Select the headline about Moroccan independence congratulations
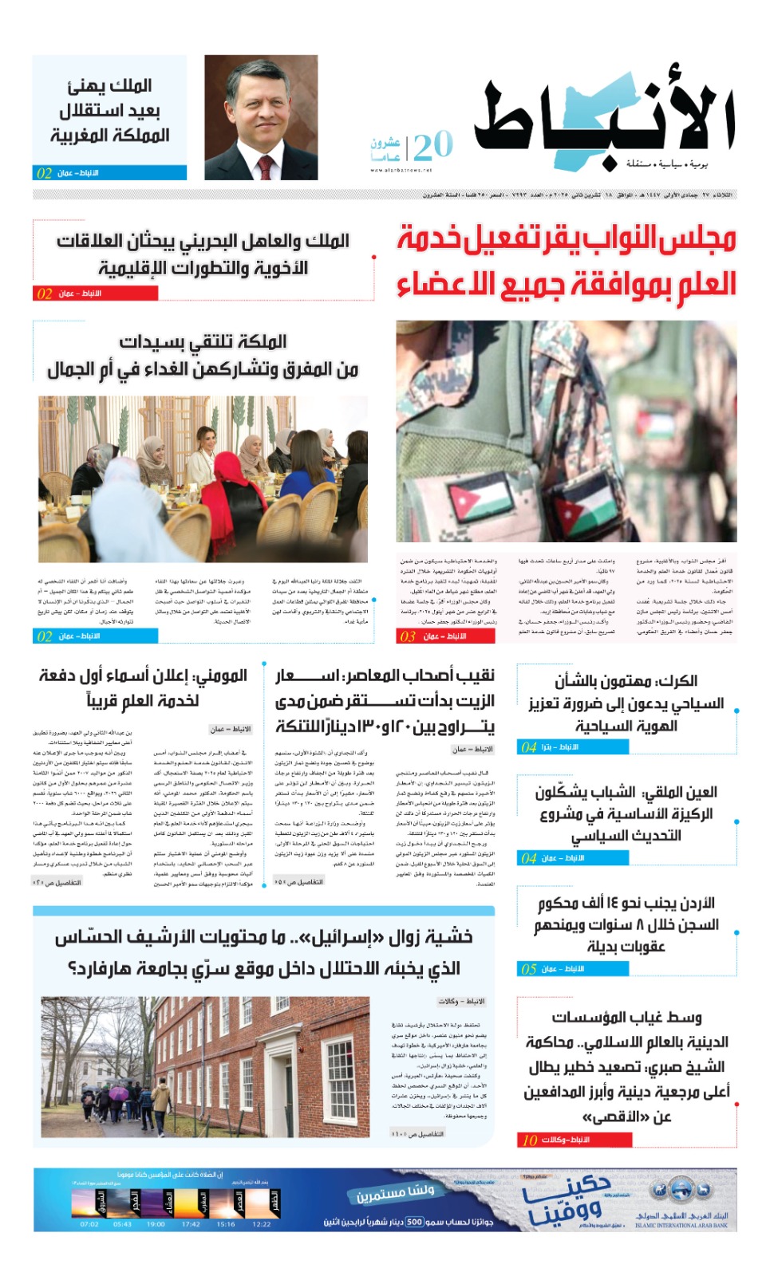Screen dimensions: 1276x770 pos(110,110)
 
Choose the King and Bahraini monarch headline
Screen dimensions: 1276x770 pos(203,254)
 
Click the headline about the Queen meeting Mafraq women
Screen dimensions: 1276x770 pos(203,356)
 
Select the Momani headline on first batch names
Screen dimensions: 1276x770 pos(144,688)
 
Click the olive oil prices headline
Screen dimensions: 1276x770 pos(385,701)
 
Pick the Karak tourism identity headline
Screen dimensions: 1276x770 pos(626,703)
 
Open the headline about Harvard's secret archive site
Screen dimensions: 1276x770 pos(263,952)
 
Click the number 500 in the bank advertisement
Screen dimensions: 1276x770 pos(414,1221)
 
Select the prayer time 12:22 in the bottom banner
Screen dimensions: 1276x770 pos(261,1223)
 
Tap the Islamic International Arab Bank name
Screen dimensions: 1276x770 pos(681,1220)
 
